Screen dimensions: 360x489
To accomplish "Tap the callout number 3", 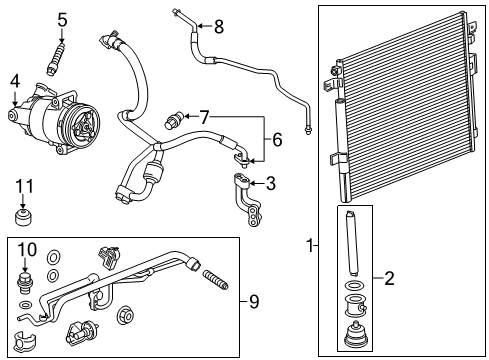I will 271,183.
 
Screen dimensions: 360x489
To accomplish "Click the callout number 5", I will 62,19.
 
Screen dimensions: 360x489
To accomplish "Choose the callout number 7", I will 205,118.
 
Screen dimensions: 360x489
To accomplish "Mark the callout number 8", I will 219,27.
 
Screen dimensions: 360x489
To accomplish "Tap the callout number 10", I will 30,248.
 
